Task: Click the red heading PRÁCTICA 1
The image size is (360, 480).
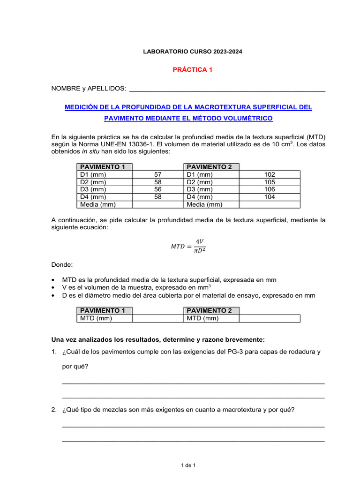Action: [193, 69]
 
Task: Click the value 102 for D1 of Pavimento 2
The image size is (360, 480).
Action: [270, 174]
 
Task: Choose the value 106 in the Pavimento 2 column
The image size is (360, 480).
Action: [270, 189]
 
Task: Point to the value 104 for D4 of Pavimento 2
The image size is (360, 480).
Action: [270, 197]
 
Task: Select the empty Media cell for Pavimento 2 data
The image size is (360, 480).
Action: [270, 204]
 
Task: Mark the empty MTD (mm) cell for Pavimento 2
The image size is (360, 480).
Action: [270, 319]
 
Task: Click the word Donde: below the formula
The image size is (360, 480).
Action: [62, 265]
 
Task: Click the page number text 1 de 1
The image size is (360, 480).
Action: [188, 465]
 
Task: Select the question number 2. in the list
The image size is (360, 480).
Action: [54, 410]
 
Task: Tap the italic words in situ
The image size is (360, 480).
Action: [90, 151]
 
